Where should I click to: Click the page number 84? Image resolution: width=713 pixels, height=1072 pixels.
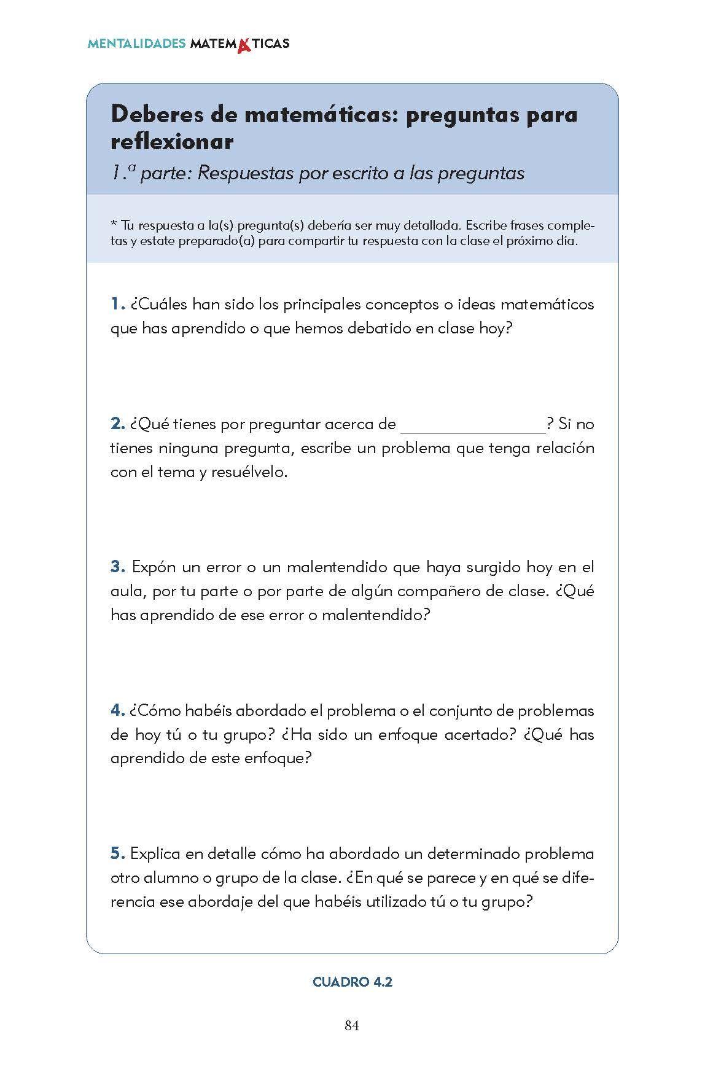click(x=351, y=1026)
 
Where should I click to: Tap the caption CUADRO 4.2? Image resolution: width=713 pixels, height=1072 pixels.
click(x=353, y=982)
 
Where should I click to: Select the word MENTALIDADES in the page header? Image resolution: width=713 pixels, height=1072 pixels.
click(x=136, y=44)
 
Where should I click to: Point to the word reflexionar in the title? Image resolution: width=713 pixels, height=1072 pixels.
click(x=172, y=142)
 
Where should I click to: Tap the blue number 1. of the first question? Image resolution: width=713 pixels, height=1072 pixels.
click(x=118, y=304)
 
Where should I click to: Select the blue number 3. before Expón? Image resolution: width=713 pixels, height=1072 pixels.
click(x=118, y=567)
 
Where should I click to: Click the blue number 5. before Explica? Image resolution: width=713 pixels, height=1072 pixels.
click(x=118, y=853)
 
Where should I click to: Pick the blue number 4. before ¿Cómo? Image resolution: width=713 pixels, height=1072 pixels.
click(x=118, y=710)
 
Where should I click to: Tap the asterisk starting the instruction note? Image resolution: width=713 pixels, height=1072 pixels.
click(x=114, y=223)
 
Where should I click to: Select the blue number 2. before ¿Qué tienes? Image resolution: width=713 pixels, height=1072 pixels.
click(x=118, y=424)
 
